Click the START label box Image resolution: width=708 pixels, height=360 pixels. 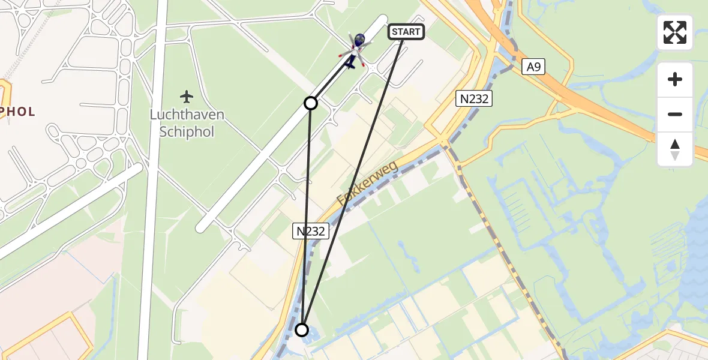tap(407, 32)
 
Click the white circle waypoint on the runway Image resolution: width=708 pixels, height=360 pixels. tap(311, 103)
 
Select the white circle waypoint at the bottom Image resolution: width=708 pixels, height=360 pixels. tap(302, 330)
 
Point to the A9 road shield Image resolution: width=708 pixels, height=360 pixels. tap(533, 67)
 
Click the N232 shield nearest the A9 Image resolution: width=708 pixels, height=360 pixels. tap(474, 99)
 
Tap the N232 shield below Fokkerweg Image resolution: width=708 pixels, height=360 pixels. tap(311, 230)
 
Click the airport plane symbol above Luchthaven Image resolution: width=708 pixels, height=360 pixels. tap(187, 96)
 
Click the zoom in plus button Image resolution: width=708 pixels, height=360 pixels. tap(675, 79)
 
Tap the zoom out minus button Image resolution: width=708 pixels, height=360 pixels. tap(675, 114)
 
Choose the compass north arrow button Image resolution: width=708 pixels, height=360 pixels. tap(675, 149)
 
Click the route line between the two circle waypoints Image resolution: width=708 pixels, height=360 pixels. tap(307, 216)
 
